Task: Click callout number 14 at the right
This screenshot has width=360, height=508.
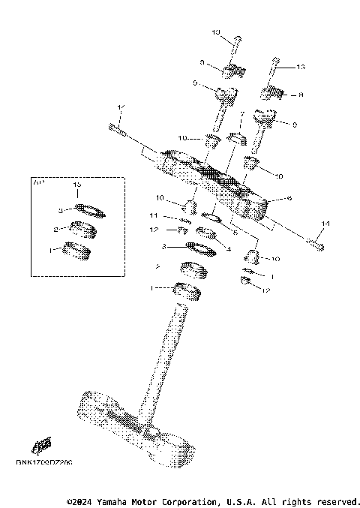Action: click(x=325, y=224)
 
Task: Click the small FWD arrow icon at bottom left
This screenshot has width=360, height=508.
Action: click(x=43, y=445)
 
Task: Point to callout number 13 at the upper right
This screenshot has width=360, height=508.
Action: click(x=301, y=68)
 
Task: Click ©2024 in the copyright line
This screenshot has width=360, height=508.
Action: click(x=81, y=500)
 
